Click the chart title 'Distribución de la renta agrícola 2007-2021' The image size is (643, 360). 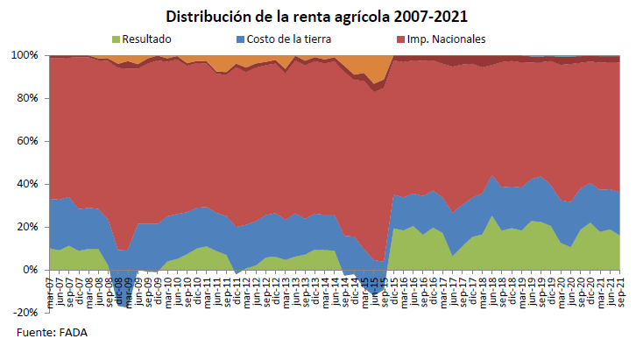pyautogui.click(x=321, y=16)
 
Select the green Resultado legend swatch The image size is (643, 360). pyautogui.click(x=117, y=39)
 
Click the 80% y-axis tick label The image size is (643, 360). pyautogui.click(x=27, y=98)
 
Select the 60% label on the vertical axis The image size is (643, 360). pyautogui.click(x=27, y=141)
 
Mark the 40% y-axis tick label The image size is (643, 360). pyautogui.click(x=27, y=184)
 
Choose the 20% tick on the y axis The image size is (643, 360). pyautogui.click(x=27, y=227)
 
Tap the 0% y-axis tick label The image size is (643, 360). pyautogui.click(x=30, y=270)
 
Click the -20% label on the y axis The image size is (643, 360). pyautogui.click(x=25, y=313)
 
